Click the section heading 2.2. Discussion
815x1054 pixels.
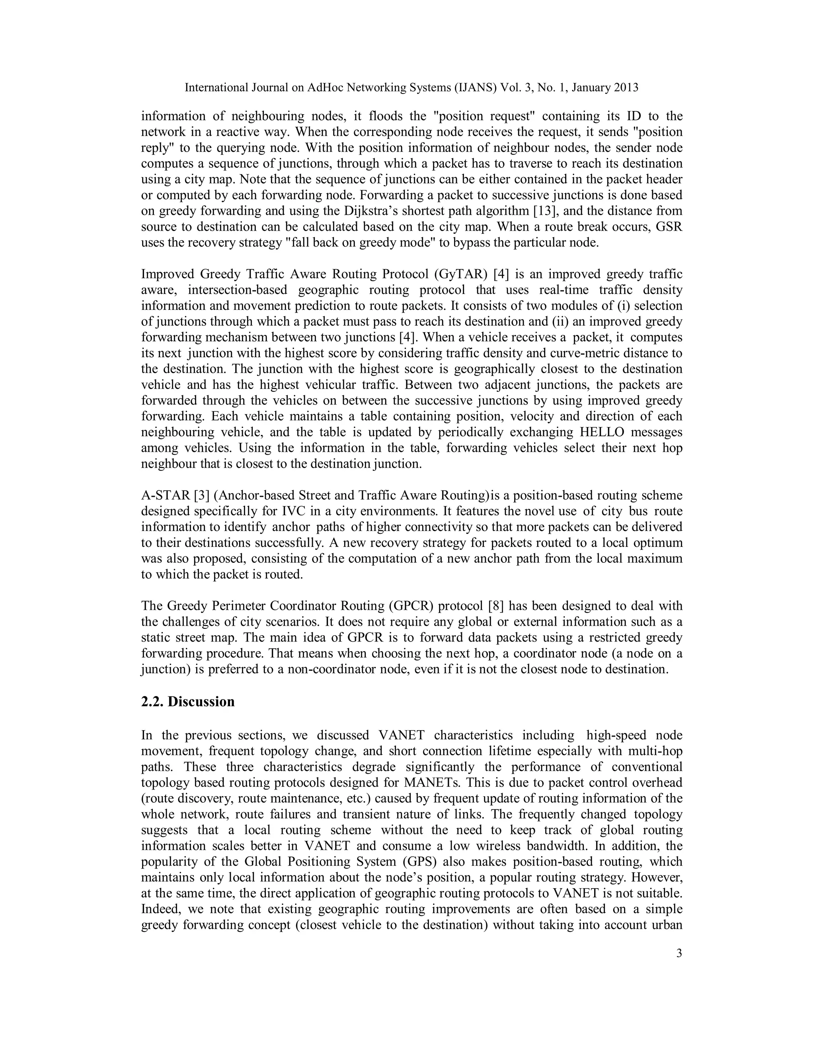[188, 701]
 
